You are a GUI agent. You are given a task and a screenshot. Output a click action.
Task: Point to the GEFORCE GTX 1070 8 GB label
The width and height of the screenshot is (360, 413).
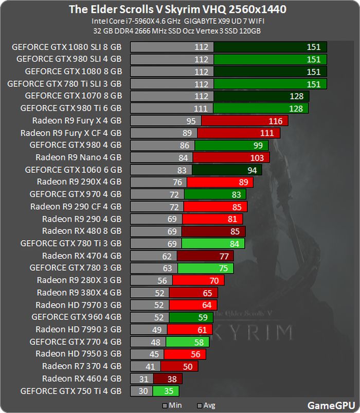click(x=73, y=96)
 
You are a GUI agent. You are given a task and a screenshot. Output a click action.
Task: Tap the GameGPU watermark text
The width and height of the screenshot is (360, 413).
click(x=331, y=405)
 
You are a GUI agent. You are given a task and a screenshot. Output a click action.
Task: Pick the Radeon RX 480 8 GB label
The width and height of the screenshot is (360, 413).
click(x=82, y=231)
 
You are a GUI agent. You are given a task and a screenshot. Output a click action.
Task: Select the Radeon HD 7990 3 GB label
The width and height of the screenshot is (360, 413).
click(x=78, y=329)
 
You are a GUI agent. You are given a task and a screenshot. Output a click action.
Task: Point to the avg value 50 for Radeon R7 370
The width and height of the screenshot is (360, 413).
click(x=187, y=366)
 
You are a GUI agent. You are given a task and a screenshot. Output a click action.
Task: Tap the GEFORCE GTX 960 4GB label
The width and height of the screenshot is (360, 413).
click(x=76, y=317)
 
